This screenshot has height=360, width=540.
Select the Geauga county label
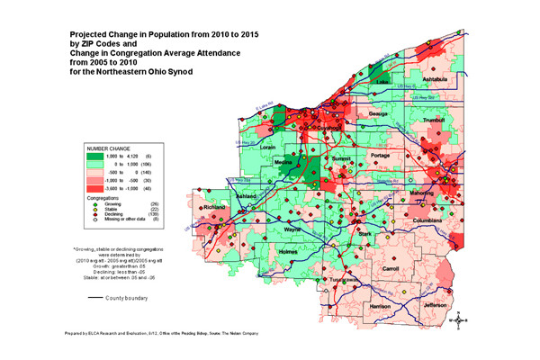click(x=377, y=115)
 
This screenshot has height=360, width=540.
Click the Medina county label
click(x=284, y=163)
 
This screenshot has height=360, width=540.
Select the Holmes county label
click(x=287, y=252)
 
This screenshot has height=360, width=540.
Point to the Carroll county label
click(x=391, y=268)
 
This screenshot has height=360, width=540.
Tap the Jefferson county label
click(x=435, y=304)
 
